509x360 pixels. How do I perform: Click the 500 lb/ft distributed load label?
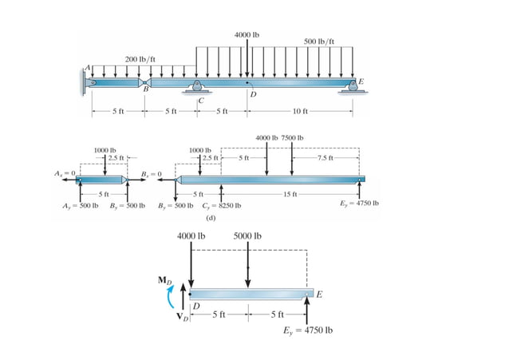tap(320, 41)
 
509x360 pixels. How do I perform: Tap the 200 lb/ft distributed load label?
tap(140, 59)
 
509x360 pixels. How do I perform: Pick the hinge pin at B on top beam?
tap(145, 81)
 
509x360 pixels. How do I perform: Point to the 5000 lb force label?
tap(247, 236)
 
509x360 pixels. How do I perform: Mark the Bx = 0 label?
tap(151, 173)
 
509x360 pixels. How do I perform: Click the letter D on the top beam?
tap(252, 95)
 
